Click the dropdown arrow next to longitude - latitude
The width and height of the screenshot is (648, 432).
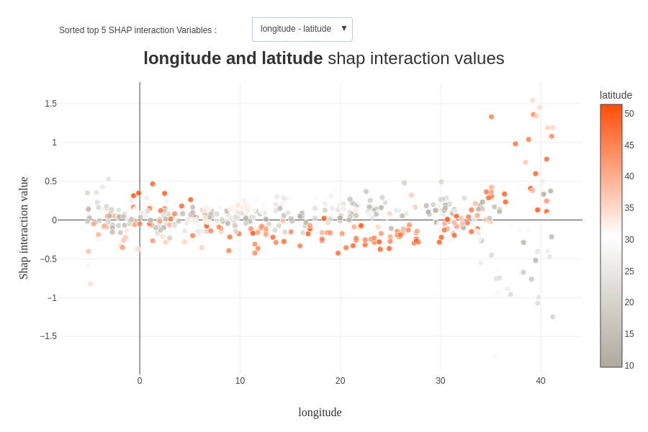[344, 28]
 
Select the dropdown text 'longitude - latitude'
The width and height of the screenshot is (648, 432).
[295, 29]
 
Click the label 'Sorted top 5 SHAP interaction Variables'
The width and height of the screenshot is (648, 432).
[138, 30]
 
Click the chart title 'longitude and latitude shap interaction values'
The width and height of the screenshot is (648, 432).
[323, 58]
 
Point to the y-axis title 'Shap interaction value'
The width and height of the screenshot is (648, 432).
[24, 228]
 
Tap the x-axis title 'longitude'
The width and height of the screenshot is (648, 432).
[320, 413]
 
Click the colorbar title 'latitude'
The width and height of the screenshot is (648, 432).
[616, 95]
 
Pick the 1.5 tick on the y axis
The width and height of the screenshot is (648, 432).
[50, 104]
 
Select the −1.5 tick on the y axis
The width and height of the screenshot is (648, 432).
[48, 336]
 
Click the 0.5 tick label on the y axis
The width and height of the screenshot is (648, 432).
[50, 181]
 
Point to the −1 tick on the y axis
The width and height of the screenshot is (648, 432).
[52, 298]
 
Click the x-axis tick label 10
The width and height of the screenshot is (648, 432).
[240, 381]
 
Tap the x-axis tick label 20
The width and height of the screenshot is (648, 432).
[340, 381]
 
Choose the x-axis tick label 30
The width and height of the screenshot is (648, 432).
[440, 381]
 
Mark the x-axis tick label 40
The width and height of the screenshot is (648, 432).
[541, 381]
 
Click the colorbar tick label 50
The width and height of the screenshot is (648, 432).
[629, 114]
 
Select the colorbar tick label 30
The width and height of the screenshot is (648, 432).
[629, 240]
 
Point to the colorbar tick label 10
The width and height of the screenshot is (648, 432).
[629, 366]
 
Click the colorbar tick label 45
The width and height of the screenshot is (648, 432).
[629, 145]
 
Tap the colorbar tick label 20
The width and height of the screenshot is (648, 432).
[629, 302]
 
